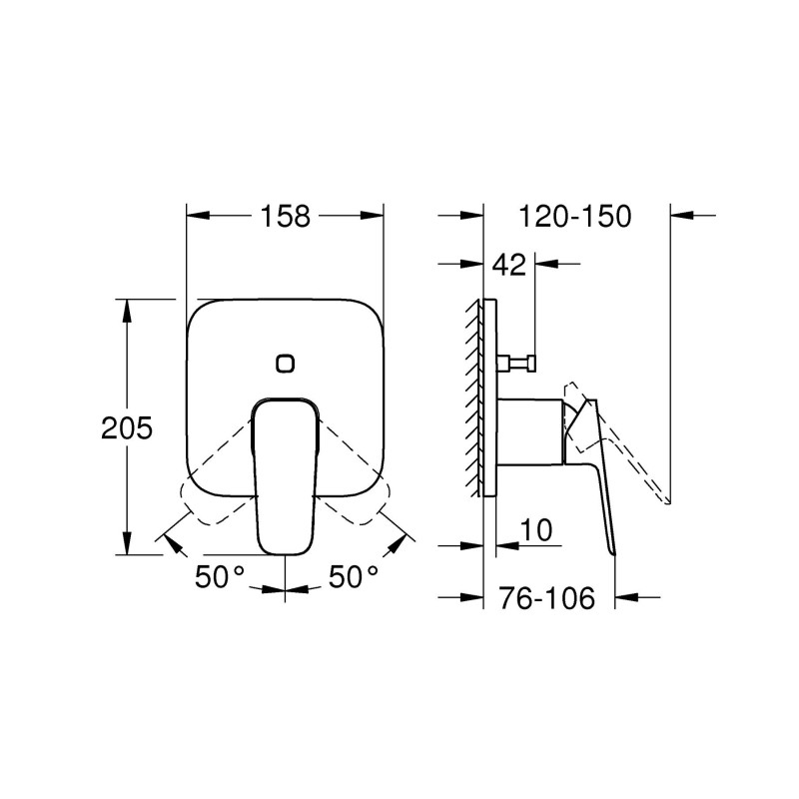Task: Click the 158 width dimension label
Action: (x=286, y=216)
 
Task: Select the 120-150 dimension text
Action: (x=575, y=216)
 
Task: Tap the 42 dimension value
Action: (x=509, y=265)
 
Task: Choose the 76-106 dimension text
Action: (x=546, y=598)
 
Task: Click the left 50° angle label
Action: (x=220, y=576)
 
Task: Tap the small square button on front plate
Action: (x=286, y=363)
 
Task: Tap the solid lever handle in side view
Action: (x=600, y=479)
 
